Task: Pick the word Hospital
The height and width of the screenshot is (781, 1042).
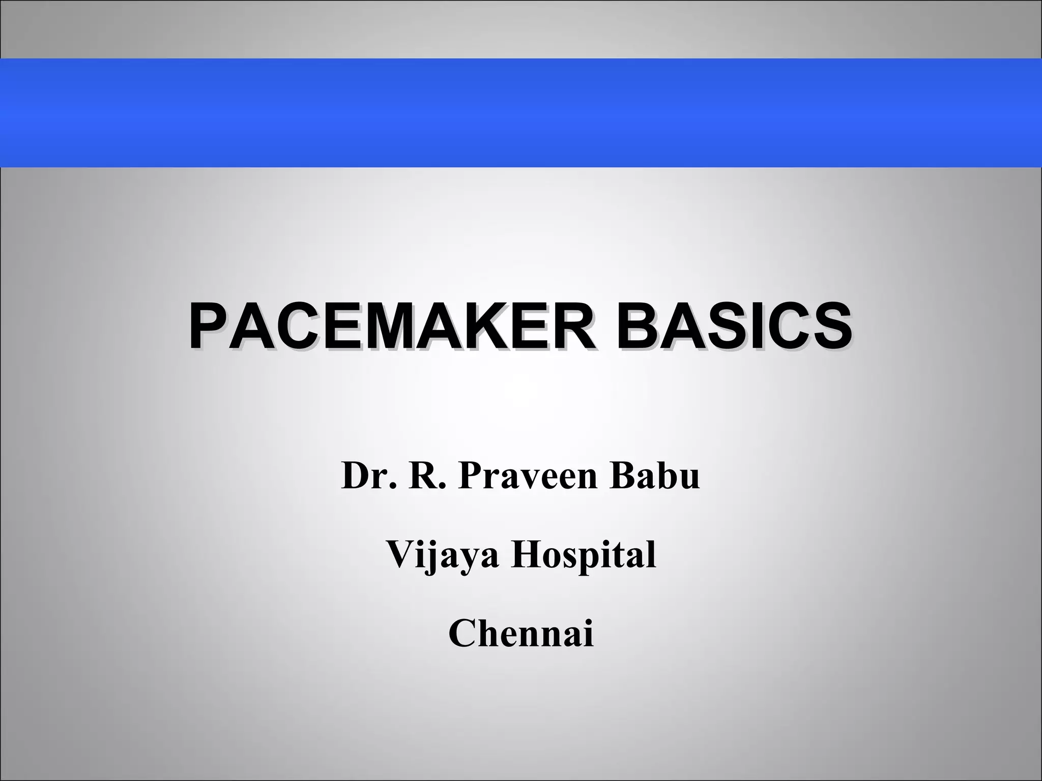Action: click(584, 555)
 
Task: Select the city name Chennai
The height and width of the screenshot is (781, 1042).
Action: click(521, 634)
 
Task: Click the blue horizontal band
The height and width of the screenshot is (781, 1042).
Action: click(521, 113)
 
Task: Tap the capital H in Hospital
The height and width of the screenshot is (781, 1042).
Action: click(529, 555)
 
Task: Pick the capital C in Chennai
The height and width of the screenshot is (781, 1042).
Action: click(464, 634)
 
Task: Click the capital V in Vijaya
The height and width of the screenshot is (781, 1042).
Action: click(401, 555)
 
